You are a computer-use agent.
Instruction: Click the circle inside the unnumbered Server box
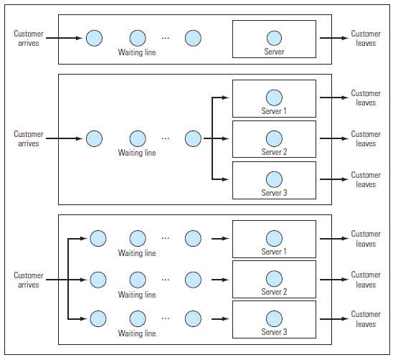point(273,38)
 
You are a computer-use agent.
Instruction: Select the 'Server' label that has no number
point(273,52)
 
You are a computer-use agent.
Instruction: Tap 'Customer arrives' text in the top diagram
point(29,39)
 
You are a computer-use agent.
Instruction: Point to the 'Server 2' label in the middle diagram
point(273,152)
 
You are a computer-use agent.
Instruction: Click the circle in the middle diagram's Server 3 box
point(273,179)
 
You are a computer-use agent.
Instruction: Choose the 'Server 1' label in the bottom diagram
point(273,252)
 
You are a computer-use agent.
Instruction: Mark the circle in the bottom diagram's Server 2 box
point(273,278)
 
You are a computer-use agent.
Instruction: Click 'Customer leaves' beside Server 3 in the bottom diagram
point(366,319)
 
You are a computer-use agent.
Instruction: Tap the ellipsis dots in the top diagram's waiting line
point(166,38)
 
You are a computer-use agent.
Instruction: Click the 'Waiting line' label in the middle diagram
point(136,153)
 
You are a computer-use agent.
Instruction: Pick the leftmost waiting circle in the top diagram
point(94,38)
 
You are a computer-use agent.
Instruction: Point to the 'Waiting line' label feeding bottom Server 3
point(136,333)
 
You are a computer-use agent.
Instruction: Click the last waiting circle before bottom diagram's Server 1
point(192,238)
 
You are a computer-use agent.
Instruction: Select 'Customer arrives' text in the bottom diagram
point(29,280)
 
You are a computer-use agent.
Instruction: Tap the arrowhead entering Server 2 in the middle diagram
point(229,138)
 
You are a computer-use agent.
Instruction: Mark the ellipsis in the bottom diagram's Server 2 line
point(166,278)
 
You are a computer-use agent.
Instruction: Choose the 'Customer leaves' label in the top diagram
point(366,39)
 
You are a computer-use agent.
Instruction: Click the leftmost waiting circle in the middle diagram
point(94,138)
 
